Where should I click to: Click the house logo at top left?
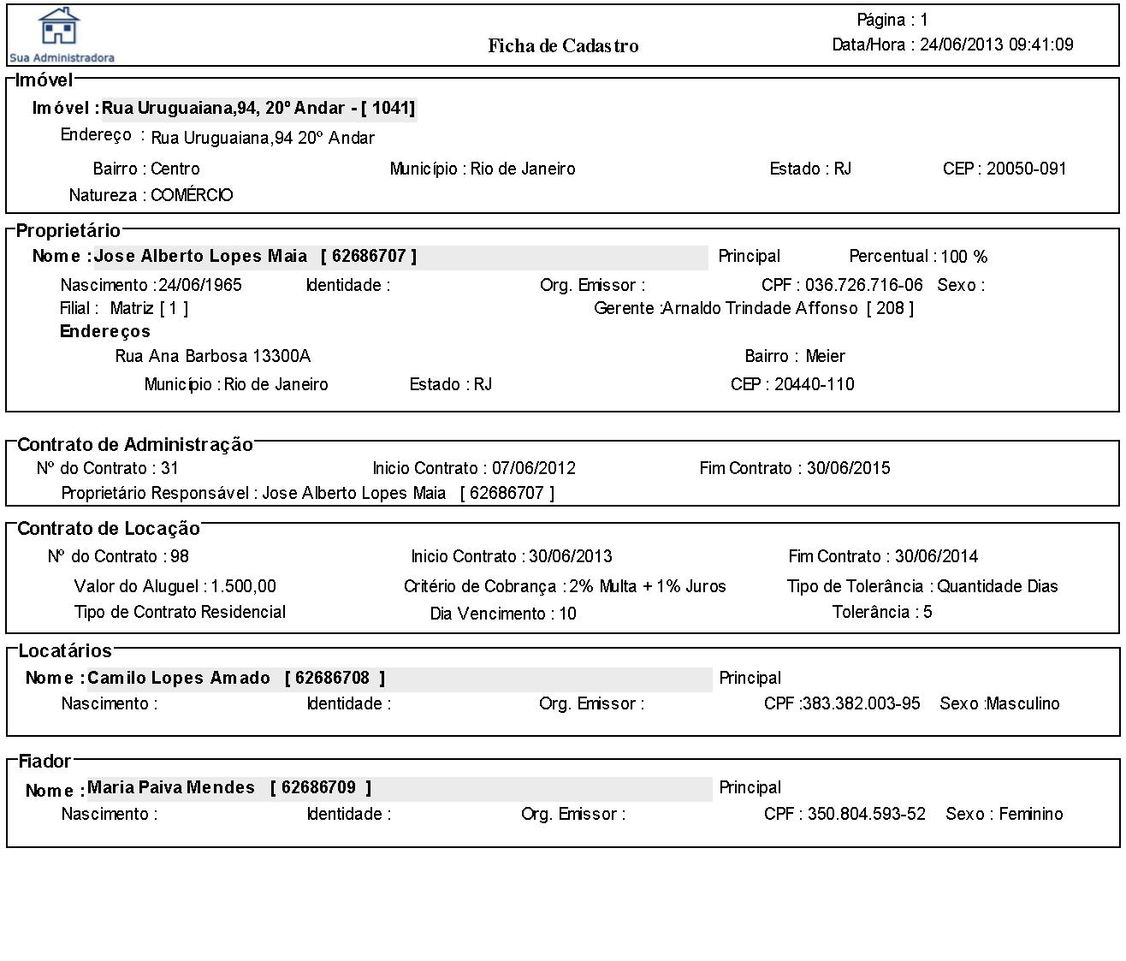59,27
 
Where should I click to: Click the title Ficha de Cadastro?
563,46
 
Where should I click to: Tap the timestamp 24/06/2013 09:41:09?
996,44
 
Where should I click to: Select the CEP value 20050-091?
1026,169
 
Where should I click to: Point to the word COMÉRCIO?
192,195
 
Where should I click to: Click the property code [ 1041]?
388,108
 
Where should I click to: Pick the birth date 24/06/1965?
200,285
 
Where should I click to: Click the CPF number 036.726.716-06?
863,285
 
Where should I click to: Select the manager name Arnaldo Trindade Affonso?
761,308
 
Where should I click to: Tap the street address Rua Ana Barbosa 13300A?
212,356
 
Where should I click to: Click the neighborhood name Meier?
825,356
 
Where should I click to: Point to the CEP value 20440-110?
814,384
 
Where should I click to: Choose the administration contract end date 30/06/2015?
848,468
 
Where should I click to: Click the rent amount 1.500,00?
244,586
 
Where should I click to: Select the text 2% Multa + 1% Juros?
648,586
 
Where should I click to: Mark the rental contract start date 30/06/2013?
570,556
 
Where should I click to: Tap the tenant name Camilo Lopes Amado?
179,678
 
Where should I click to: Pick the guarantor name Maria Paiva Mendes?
171,787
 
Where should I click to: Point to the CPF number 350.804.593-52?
866,814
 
